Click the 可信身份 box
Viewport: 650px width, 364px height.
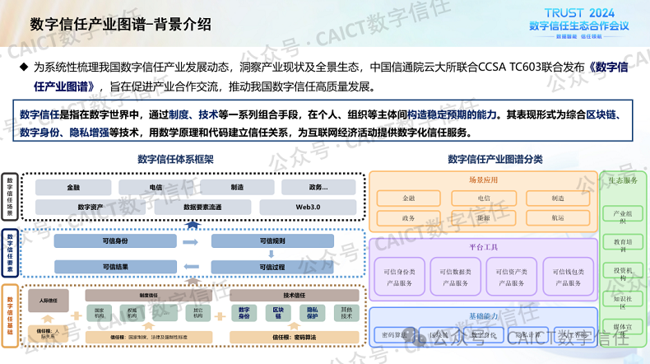tap(114, 241)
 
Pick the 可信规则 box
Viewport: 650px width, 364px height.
tap(272, 241)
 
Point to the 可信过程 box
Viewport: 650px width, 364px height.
tap(272, 267)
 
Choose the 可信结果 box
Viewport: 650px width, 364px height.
tap(114, 267)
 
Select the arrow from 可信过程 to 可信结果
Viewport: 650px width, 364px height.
tap(191, 267)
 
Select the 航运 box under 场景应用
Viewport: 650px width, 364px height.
tap(558, 218)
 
